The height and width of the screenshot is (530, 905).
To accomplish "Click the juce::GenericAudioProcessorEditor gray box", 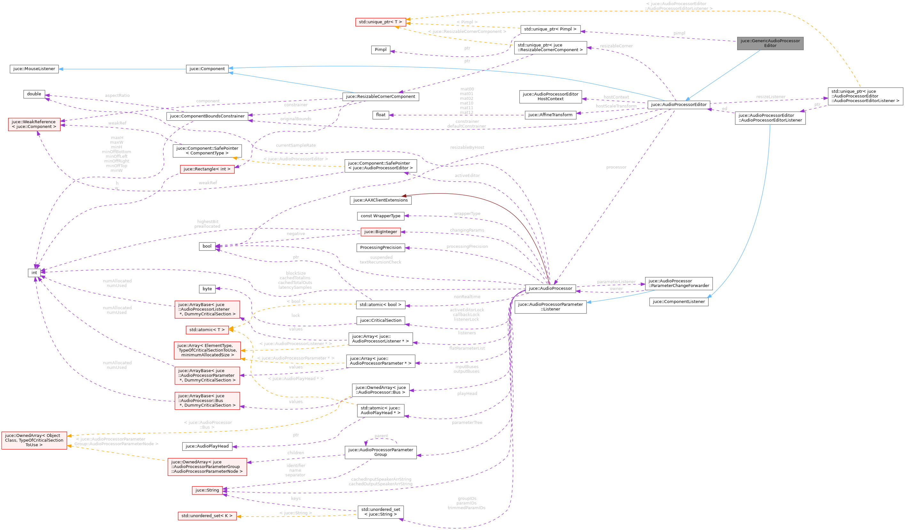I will tap(770, 43).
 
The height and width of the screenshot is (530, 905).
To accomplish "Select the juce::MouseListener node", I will tap(34, 69).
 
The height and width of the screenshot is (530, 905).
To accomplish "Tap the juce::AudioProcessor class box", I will tap(550, 288).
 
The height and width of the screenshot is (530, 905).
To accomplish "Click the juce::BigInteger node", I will tap(380, 232).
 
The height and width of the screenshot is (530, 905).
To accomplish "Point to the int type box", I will tap(34, 273).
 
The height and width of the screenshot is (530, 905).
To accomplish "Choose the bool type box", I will tap(207, 246).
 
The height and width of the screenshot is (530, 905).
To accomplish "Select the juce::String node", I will tap(207, 490).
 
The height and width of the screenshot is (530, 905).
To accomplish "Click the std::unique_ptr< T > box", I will tap(380, 22).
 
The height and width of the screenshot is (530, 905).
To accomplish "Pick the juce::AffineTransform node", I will tap(550, 115).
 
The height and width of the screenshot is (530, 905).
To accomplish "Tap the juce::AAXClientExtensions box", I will tap(380, 200).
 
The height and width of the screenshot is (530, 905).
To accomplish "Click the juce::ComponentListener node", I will tap(678, 302).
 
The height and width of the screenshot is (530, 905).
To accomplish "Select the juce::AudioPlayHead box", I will tap(207, 446).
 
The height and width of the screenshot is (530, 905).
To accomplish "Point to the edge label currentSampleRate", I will tap(296, 145).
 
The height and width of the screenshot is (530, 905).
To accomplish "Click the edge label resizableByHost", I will tap(467, 147).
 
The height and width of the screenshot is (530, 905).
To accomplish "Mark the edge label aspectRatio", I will tap(117, 95).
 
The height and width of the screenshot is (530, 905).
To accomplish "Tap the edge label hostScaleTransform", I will tap(616, 106).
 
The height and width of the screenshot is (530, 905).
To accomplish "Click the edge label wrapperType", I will tap(467, 213).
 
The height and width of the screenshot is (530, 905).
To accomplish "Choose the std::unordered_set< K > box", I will tap(207, 516).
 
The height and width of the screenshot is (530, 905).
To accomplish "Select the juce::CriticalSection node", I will tap(380, 320).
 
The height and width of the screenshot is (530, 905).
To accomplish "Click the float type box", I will tap(380, 115).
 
